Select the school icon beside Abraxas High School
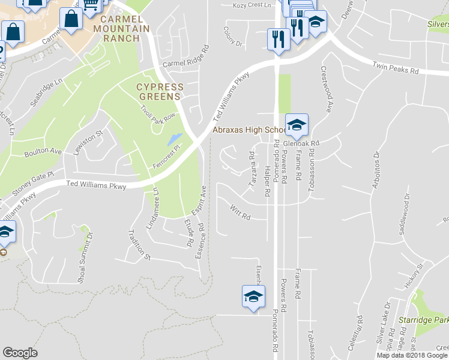pos(297,125)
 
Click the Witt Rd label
pos(240,212)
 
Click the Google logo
pos(20,353)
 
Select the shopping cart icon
pos(90,5)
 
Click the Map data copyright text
pos(412,355)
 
